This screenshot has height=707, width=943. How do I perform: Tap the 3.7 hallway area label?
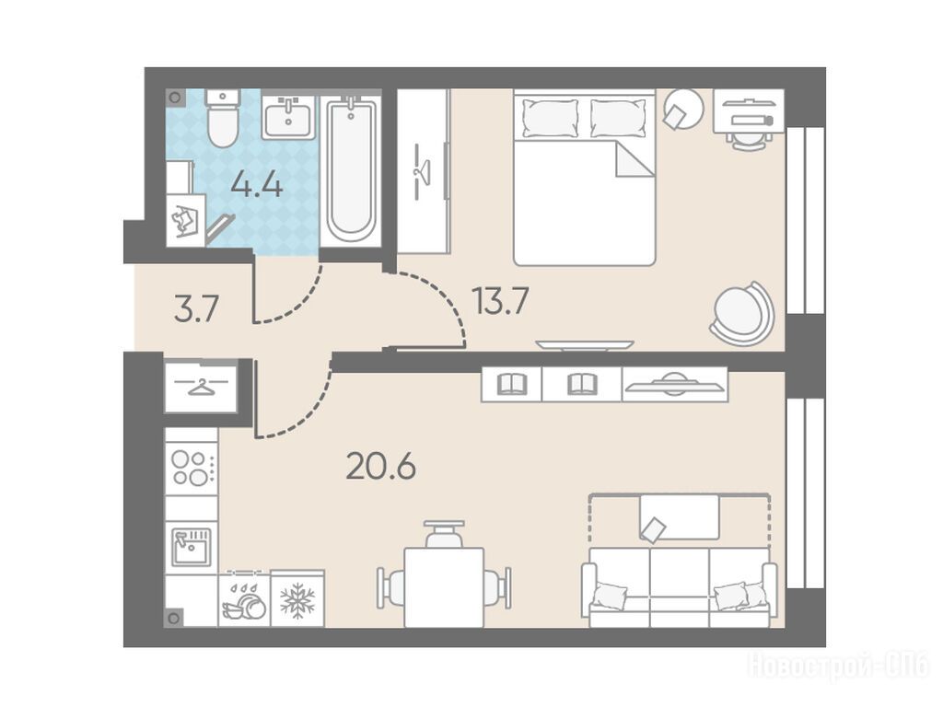coord(195,312)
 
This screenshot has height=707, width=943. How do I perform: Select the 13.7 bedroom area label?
coord(500,301)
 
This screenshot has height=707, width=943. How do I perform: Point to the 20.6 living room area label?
coord(380,467)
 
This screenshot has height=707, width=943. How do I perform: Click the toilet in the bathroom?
coord(223,119)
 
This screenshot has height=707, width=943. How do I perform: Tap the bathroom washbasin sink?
coord(288,118)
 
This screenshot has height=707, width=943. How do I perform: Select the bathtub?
coord(351,169)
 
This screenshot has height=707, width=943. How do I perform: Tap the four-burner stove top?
coord(192,469)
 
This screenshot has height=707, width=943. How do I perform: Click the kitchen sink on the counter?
coord(192,547)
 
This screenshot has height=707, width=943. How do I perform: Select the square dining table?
coord(444,587)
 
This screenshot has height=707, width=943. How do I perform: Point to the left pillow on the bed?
coord(550,118)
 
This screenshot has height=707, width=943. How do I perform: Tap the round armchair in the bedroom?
coord(741,313)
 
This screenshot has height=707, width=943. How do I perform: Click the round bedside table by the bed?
coord(683,109)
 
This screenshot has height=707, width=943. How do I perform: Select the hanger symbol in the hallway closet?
coord(201,386)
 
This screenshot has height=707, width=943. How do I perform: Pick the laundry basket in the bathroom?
coord(186,221)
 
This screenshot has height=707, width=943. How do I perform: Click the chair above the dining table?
coord(444,533)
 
